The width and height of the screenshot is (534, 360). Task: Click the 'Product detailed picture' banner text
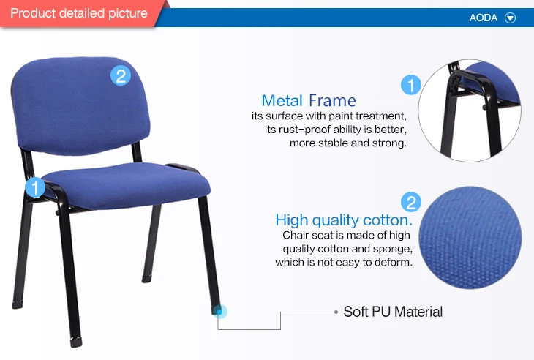[79, 13]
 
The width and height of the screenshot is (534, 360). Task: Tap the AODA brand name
[484, 18]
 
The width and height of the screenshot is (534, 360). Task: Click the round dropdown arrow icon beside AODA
[511, 18]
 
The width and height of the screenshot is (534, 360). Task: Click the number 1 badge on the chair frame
[35, 188]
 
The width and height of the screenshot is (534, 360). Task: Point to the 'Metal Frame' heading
[309, 101]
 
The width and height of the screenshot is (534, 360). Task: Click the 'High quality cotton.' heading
[344, 220]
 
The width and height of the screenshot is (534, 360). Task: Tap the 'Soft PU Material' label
[393, 312]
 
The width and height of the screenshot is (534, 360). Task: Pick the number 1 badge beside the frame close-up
[411, 86]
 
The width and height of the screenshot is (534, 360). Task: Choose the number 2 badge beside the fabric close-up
[411, 203]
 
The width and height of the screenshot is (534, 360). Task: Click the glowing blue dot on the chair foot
[221, 312]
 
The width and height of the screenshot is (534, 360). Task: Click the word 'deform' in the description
[395, 262]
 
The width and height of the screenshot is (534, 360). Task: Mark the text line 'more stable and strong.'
[347, 143]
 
